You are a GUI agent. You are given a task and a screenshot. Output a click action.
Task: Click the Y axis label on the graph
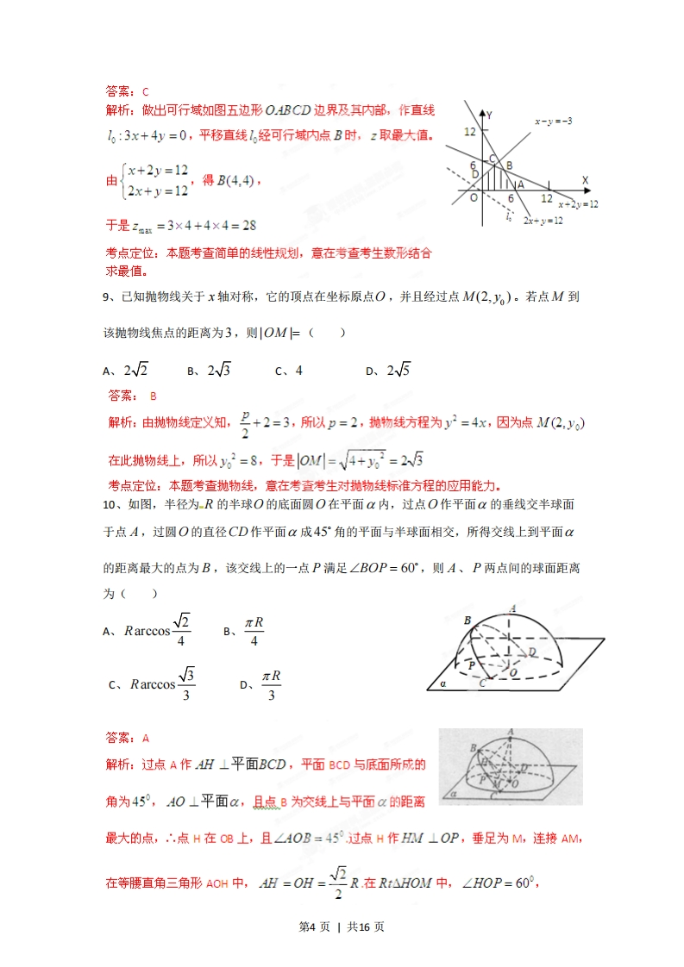pyautogui.click(x=489, y=114)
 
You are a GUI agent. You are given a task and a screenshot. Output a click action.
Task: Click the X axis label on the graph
pyautogui.click(x=585, y=180)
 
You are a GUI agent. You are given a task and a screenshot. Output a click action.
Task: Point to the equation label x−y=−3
pyautogui.click(x=553, y=122)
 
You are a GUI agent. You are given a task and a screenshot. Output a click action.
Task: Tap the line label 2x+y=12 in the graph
pyautogui.click(x=543, y=221)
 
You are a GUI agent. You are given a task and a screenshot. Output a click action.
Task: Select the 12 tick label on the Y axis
pyautogui.click(x=469, y=131)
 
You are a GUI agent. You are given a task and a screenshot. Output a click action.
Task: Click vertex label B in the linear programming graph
pyautogui.click(x=509, y=165)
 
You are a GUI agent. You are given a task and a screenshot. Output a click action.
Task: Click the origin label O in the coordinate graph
pyautogui.click(x=473, y=197)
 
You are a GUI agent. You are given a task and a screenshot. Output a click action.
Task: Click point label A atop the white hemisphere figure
pyautogui.click(x=513, y=608)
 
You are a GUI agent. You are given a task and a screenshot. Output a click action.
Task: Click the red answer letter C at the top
pyautogui.click(x=146, y=91)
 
